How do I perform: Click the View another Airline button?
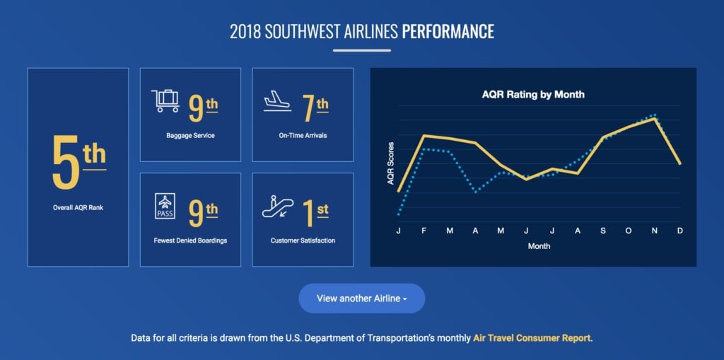coord(361,298)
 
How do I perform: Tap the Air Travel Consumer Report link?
coord(532,338)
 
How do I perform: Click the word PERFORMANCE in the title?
coord(448,32)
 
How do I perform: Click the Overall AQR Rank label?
coord(78,208)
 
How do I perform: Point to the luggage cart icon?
coord(165,101)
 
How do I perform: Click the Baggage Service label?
coord(190,135)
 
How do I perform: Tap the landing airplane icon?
coord(277,102)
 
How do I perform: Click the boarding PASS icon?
coord(165,207)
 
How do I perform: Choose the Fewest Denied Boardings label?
coord(190,240)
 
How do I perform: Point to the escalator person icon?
coord(277,207)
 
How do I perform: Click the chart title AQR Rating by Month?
coord(533,94)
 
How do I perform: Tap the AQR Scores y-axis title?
coord(391,163)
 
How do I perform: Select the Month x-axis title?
coord(539,246)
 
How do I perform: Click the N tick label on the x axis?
coord(655,231)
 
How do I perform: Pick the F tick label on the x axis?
coord(424,231)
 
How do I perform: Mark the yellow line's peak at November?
coord(655,118)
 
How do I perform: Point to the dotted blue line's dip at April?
coord(476,192)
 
